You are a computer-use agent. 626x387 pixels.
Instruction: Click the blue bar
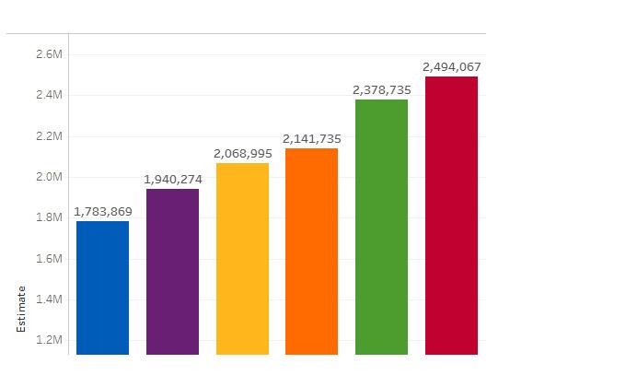point(102,287)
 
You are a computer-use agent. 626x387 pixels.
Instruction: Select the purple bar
point(172,271)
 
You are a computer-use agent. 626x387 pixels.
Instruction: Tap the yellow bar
point(242,258)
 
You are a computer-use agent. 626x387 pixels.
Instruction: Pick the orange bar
point(311,251)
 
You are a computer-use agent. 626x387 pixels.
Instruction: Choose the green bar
point(381,227)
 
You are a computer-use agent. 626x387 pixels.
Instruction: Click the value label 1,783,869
point(102,211)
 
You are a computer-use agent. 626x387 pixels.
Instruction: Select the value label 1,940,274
point(172,178)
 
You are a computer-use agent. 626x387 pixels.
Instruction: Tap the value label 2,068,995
point(242,152)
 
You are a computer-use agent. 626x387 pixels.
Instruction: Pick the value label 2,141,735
point(311,138)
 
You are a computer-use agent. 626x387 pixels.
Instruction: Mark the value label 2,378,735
point(381,89)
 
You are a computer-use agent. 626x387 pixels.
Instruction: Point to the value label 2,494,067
point(451,66)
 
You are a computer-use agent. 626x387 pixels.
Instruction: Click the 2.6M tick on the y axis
point(48,54)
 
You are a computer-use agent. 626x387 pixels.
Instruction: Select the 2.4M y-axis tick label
point(48,95)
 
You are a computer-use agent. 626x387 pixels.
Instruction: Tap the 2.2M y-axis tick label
point(48,136)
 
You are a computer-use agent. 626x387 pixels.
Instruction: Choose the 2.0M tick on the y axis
point(48,177)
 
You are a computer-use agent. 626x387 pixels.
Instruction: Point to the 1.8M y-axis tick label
point(48,218)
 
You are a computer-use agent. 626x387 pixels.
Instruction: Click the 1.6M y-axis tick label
point(48,259)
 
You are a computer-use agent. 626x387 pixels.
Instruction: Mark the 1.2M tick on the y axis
point(48,340)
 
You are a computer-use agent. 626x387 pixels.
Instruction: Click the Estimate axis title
point(21,309)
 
